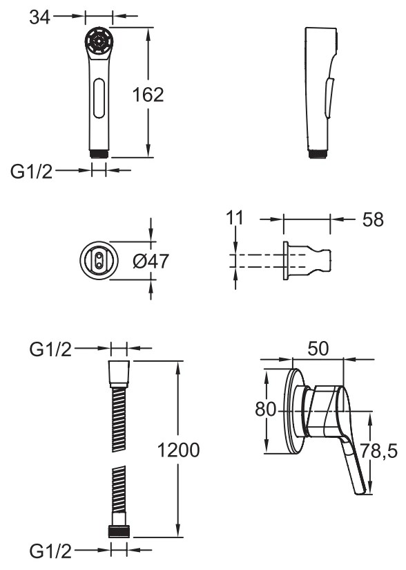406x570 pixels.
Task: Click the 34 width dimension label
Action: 39,17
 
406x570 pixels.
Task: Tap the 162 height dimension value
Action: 148,95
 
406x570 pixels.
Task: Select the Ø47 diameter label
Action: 151,261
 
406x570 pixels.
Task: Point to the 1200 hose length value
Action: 178,450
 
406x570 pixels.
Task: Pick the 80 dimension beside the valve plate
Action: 266,409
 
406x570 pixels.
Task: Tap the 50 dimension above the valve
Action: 318,348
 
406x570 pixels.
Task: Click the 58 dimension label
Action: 373,219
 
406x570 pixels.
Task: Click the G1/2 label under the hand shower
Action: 32,172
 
